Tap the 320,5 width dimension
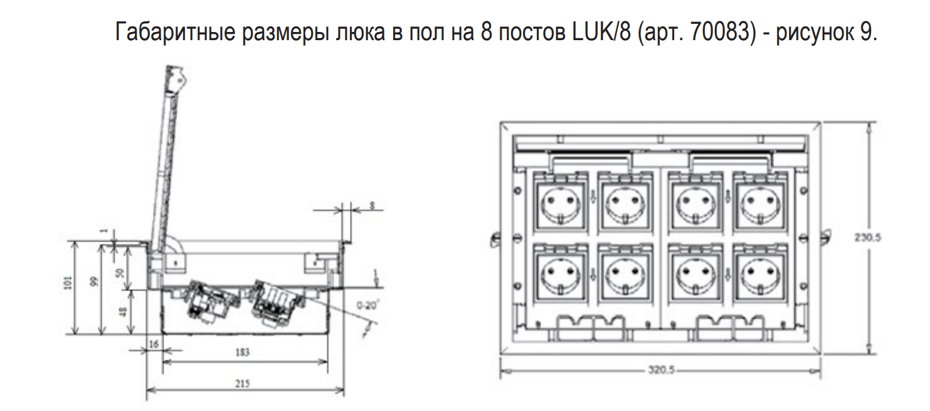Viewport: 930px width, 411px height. click(661, 371)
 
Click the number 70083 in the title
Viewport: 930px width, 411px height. click(721, 32)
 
